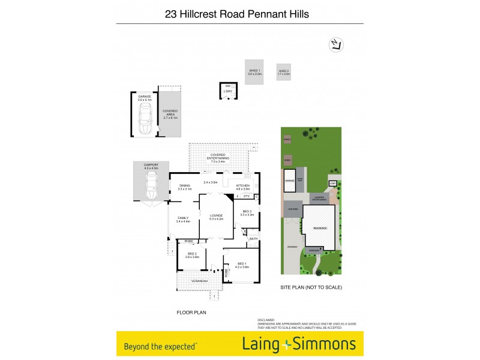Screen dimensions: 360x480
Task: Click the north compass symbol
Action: (x=335, y=44)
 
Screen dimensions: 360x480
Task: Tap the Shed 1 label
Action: (x=255, y=71)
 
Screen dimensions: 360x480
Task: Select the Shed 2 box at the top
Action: (x=284, y=73)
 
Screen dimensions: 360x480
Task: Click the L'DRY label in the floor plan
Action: (x=228, y=91)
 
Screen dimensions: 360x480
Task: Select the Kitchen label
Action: (x=242, y=185)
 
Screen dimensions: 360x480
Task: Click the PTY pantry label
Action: (x=246, y=196)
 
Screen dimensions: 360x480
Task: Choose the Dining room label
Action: (x=184, y=185)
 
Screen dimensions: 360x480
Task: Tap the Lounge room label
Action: (x=216, y=215)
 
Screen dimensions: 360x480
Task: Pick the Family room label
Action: (x=183, y=218)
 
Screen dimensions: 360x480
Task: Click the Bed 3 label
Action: (x=247, y=211)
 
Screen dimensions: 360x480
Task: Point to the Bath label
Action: (x=253, y=239)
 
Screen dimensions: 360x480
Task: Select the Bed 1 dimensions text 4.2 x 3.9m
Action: (x=241, y=266)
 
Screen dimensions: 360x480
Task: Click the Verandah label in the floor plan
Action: (x=199, y=281)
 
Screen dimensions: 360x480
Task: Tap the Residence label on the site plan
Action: (x=320, y=228)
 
